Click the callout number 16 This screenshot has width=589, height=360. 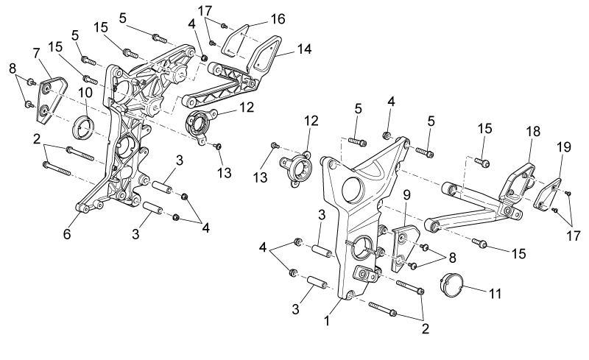click(278, 19)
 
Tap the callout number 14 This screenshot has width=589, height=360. click(305, 49)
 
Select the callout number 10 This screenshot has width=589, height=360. click(85, 93)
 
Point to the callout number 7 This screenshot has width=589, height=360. click(36, 53)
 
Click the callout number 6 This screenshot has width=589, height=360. click(67, 233)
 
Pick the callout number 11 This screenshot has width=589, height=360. click(495, 294)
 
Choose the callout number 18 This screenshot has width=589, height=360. click(533, 131)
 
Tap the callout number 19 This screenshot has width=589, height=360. click(564, 147)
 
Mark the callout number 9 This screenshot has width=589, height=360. click(407, 194)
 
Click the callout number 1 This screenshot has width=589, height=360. click(327, 320)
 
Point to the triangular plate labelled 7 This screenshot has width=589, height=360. click(52, 100)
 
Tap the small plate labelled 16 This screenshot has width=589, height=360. click(236, 41)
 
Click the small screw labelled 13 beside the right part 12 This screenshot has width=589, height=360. click(274, 145)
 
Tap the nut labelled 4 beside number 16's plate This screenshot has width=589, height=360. click(205, 57)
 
